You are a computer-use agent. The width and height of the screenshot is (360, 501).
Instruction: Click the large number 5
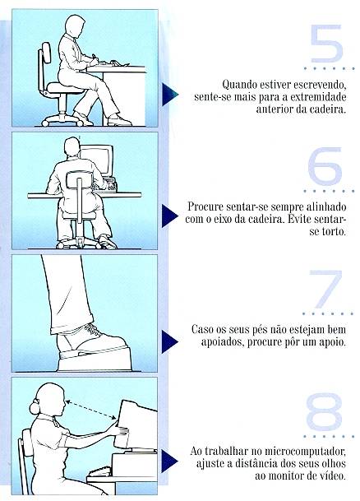pos(326,44)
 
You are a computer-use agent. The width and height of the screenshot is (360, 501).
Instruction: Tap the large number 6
pos(325,166)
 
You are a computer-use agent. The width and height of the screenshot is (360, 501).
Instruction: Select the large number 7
pos(325,289)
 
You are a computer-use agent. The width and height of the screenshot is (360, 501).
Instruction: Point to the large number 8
pos(325,411)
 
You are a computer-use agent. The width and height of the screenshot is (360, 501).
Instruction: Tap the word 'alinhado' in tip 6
pos(326,206)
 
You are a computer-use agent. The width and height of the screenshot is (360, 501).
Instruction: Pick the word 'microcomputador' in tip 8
pos(306,452)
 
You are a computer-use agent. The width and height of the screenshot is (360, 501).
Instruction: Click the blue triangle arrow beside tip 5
pos(170,95)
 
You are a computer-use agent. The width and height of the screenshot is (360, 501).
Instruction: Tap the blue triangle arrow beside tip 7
pos(170,342)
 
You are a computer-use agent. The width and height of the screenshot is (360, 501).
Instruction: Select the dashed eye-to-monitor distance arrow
pos(91,410)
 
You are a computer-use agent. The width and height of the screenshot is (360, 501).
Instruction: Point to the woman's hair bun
pos(35,407)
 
